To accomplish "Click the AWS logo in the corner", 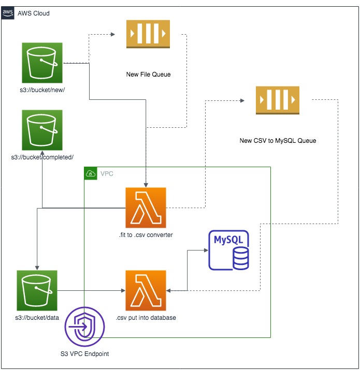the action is [x=8, y=13].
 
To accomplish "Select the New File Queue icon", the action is [x=148, y=34].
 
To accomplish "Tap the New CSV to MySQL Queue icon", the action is [x=278, y=100].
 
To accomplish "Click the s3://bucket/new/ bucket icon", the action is [x=42, y=63].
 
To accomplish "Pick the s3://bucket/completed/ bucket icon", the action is [x=42, y=130].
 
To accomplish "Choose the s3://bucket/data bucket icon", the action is [x=37, y=290].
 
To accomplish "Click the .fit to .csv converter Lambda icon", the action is [x=146, y=208].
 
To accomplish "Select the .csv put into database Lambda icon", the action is [x=146, y=290].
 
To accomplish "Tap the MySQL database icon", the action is [x=228, y=250].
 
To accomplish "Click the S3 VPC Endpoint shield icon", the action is [x=84, y=327].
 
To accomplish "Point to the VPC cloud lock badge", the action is [x=91, y=173].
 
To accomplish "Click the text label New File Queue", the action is [x=148, y=75].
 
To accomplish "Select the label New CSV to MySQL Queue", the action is [x=278, y=141].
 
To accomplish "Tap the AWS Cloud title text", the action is [x=34, y=13].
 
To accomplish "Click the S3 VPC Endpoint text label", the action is [x=84, y=354].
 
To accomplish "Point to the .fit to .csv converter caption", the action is [x=146, y=235].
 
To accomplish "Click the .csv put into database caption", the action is [x=146, y=318].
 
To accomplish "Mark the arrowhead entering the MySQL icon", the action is [x=206, y=250].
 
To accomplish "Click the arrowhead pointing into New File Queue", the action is [x=113, y=34].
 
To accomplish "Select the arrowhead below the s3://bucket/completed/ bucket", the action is [x=42, y=153].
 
